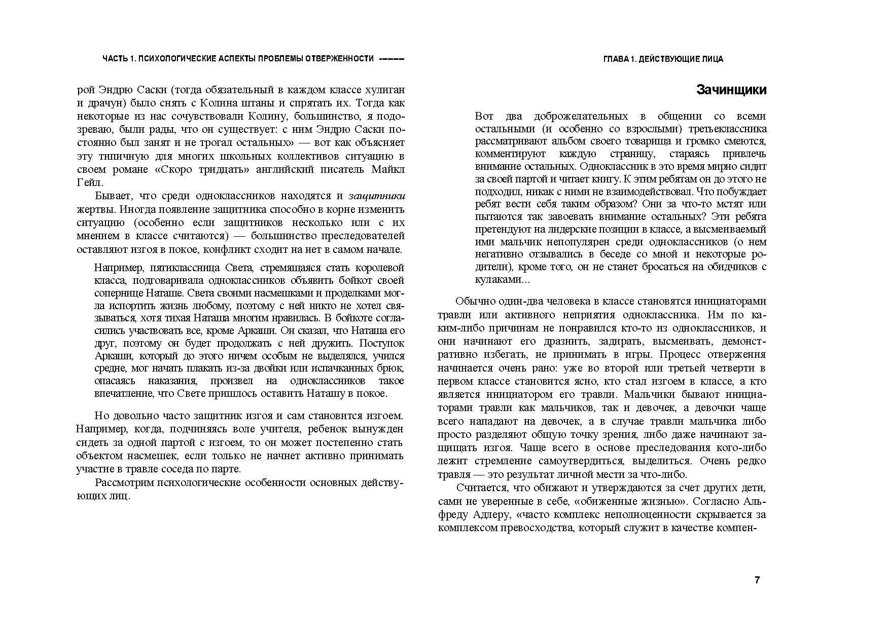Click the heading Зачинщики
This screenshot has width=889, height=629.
[x=731, y=90]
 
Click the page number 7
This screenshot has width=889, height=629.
[x=757, y=580]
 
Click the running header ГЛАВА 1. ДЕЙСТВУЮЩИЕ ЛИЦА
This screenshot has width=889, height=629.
[x=663, y=59]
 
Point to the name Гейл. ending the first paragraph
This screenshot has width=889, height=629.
[x=90, y=182]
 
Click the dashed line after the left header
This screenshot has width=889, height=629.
[x=392, y=59]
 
